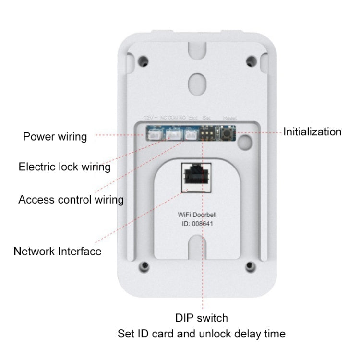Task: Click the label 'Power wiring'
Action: (55, 137)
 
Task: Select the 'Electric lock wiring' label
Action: (64, 167)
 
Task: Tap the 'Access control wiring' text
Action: (71, 199)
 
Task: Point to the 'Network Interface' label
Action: (58, 251)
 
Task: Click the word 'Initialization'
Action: (312, 132)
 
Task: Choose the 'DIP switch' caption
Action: (202, 318)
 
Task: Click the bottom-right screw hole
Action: (249, 267)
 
